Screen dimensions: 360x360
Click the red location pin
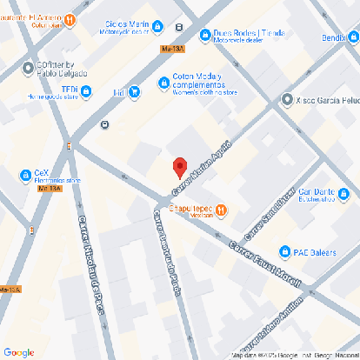[x=180, y=166]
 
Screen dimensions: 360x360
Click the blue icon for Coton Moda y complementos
[x=163, y=83]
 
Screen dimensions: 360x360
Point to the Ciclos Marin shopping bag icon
[x=156, y=27]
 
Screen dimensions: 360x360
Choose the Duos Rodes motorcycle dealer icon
[x=205, y=35]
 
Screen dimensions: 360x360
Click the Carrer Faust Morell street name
[x=265, y=263]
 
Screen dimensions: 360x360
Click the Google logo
[x=19, y=352]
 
